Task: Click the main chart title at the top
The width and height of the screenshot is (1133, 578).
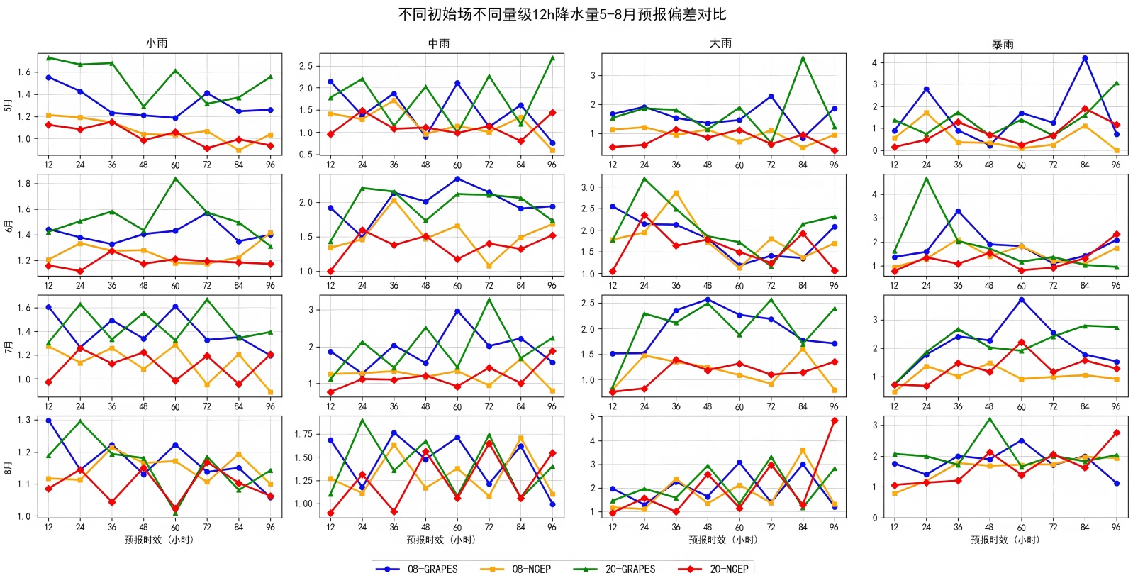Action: (x=562, y=14)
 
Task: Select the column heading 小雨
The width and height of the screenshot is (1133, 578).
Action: (x=157, y=43)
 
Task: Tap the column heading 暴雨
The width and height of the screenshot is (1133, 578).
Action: (x=1003, y=44)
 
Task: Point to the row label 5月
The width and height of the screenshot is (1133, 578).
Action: (x=9, y=105)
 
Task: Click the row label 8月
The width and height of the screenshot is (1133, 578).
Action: (x=9, y=467)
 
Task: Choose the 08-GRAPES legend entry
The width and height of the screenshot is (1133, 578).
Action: (x=418, y=569)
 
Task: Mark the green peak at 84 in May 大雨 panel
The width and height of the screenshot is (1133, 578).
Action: (x=803, y=57)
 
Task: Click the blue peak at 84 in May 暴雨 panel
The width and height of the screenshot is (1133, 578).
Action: (x=1085, y=58)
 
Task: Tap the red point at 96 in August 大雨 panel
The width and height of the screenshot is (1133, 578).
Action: (x=835, y=421)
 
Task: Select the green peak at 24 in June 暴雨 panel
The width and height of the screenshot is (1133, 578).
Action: (x=926, y=178)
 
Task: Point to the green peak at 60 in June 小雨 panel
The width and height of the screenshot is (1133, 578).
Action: (x=175, y=179)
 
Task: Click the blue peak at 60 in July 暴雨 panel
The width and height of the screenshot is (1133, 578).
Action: (x=1022, y=300)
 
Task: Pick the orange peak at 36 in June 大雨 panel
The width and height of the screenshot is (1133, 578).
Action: (x=676, y=193)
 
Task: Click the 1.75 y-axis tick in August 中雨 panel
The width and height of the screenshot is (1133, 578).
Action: (x=303, y=434)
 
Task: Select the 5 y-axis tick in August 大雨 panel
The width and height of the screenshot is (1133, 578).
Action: (x=592, y=417)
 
